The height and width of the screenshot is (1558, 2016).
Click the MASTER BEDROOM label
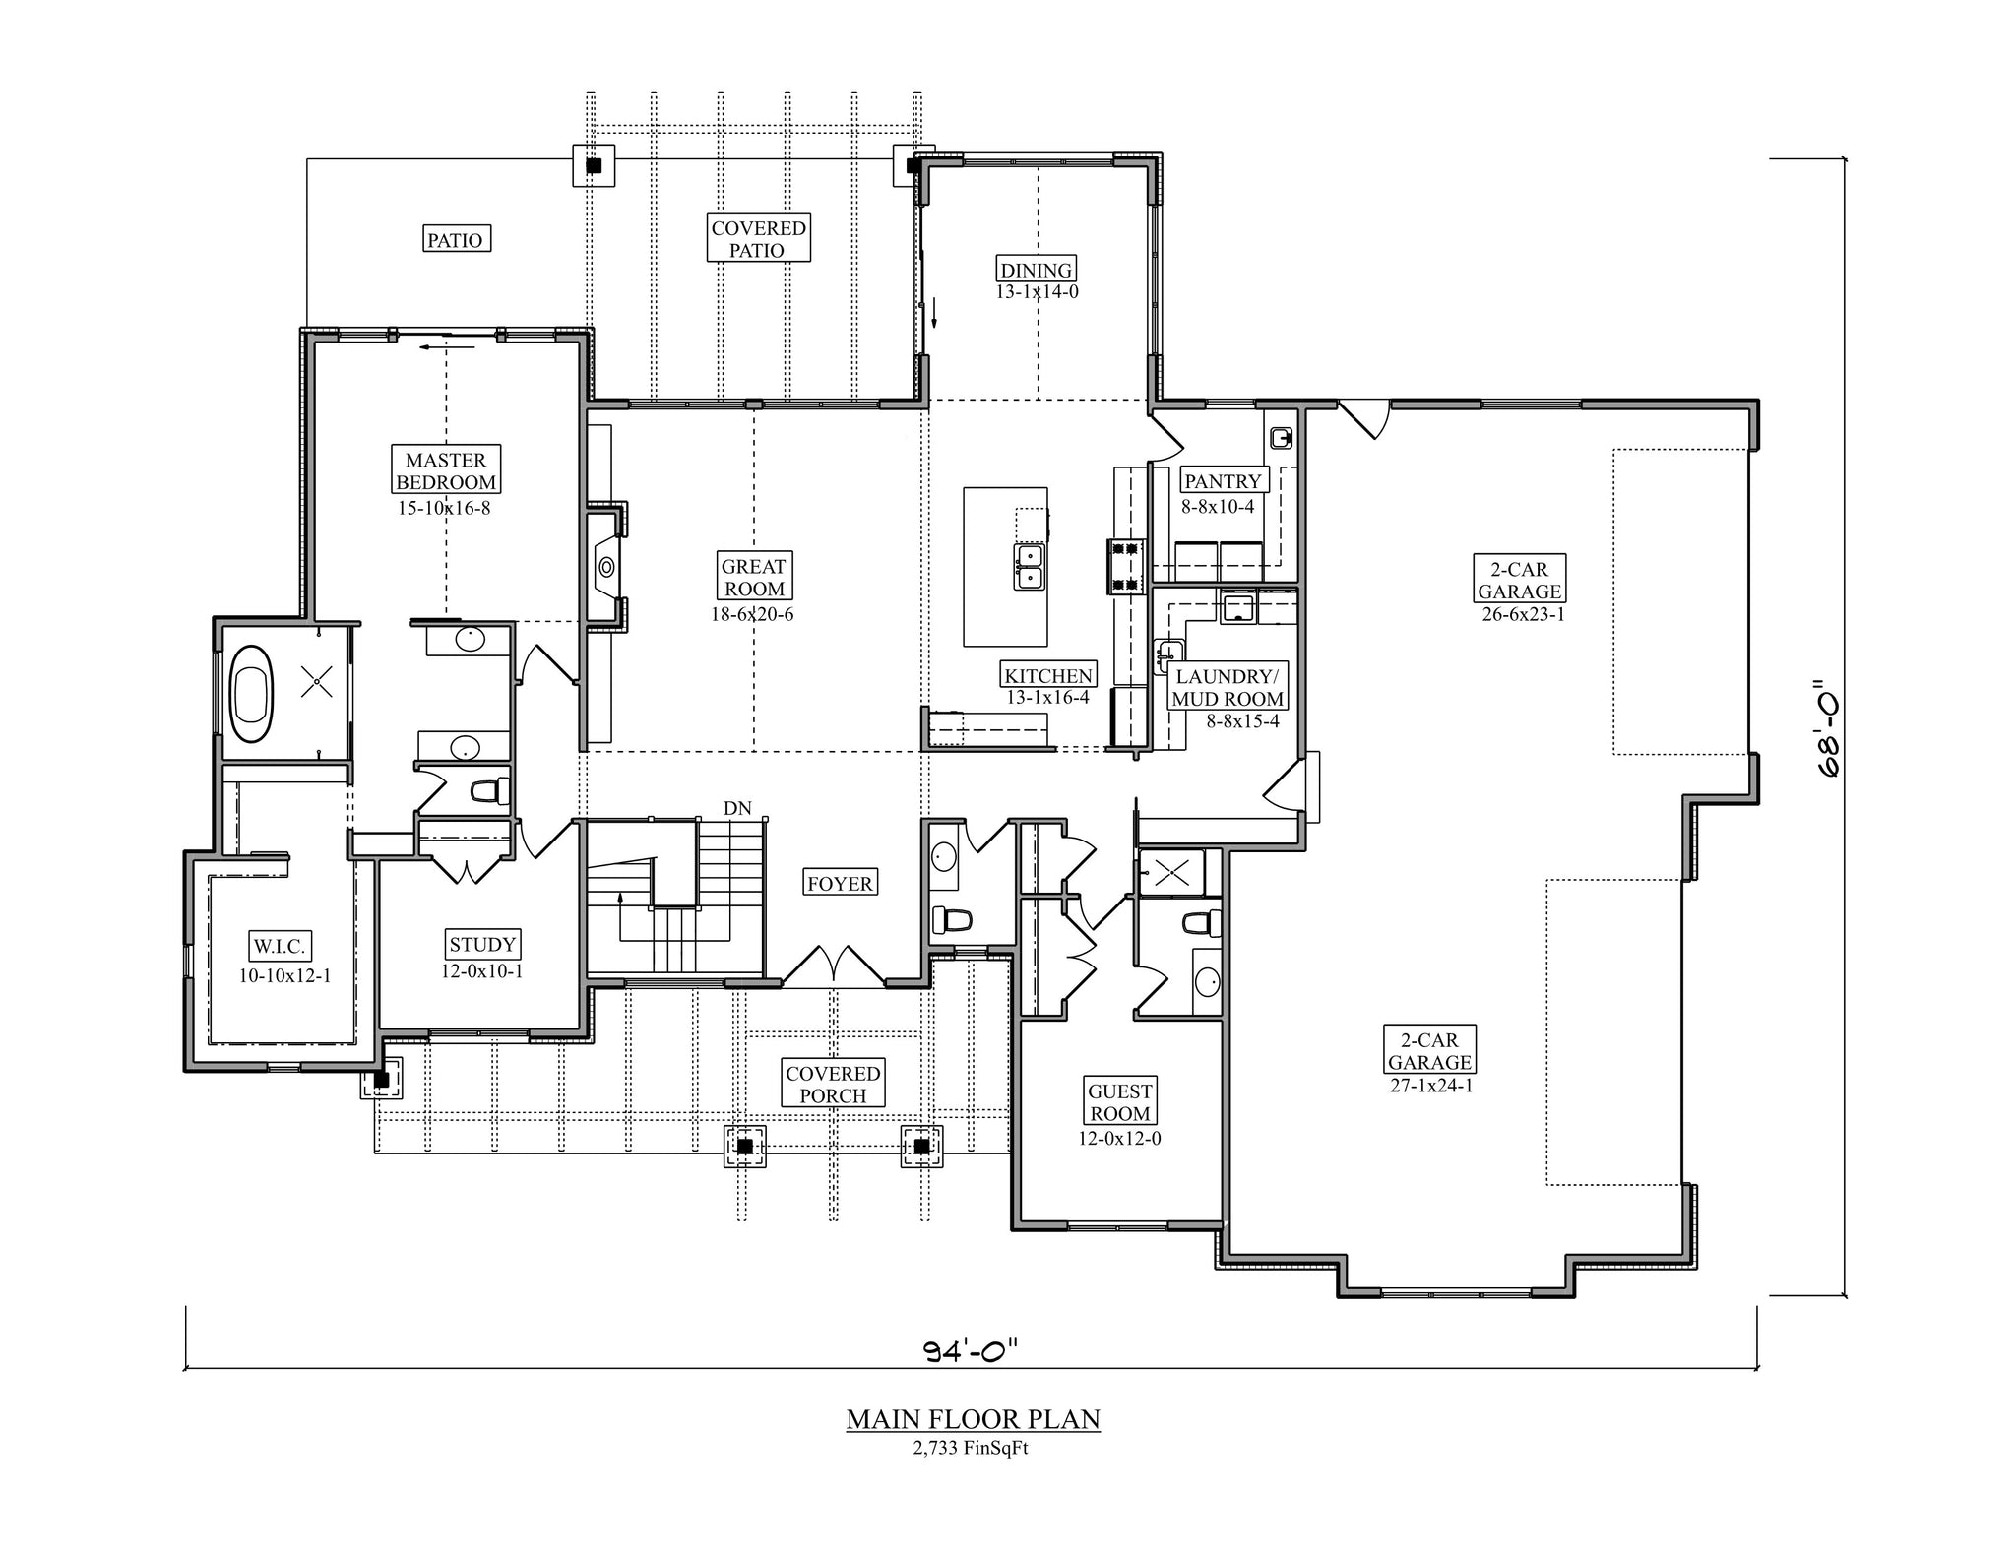446,470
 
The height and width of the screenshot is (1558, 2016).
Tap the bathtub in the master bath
251,694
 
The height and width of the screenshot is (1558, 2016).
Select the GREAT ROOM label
753,577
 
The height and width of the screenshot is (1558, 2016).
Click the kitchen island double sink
1030,566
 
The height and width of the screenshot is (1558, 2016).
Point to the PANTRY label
1223,481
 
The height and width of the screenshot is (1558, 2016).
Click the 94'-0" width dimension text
970,1352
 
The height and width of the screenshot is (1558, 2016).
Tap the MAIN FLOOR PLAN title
974,1419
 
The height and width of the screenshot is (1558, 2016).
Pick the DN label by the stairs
737,808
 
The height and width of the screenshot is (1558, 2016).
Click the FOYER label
840,883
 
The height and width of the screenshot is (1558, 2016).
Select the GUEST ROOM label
1120,1102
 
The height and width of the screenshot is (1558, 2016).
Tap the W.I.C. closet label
281,947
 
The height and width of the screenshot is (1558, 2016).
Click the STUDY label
482,945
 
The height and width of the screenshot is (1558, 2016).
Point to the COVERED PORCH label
833,1085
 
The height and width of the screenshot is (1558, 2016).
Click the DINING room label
1037,270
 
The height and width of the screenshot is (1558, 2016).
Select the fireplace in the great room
606,566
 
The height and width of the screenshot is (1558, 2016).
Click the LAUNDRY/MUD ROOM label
1228,688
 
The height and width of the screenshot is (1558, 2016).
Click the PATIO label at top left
455,239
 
